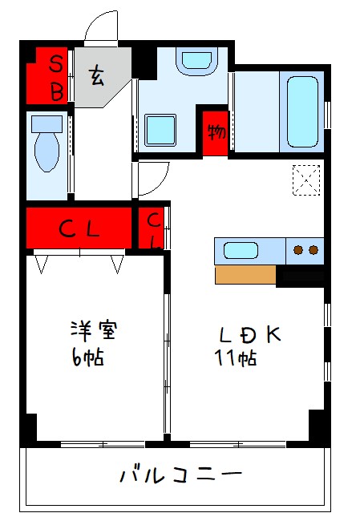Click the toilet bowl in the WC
point(47,151)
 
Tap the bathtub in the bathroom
point(302,111)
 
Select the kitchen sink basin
point(241,250)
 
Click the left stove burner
point(298,250)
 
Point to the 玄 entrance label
point(96,76)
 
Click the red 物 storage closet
point(216,133)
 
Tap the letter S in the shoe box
point(56,64)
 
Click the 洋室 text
point(94,330)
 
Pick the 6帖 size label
point(87,357)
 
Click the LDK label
point(250,335)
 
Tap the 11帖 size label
point(236,358)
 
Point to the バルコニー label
point(180,475)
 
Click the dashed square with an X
point(306,180)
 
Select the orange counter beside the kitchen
point(245,275)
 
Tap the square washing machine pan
point(160,130)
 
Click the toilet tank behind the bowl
point(47,124)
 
